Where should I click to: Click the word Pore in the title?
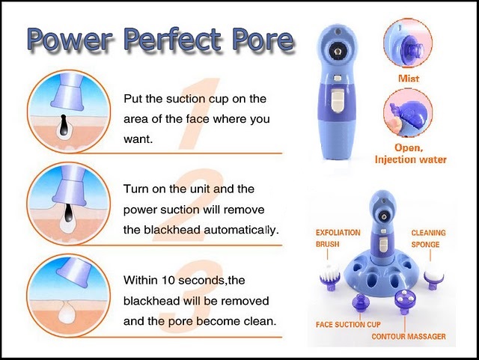click(x=263, y=39)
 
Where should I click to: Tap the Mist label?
click(x=409, y=79)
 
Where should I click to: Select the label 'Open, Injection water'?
click(x=410, y=153)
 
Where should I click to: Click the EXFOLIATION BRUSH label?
click(x=338, y=238)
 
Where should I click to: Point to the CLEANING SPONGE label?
click(x=428, y=239)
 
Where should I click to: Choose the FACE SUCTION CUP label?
click(x=348, y=324)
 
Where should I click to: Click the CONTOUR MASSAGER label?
click(x=409, y=337)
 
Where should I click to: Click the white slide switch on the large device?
click(x=337, y=100)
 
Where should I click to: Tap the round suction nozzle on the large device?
click(x=337, y=51)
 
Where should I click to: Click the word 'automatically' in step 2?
click(x=241, y=230)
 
